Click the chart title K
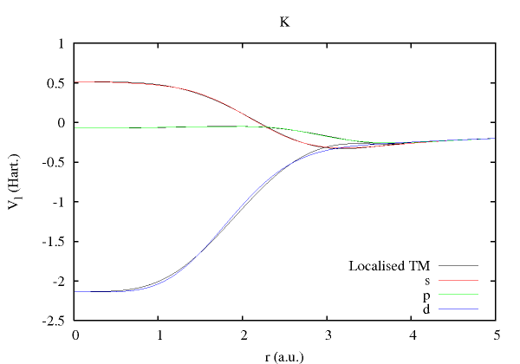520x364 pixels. (283, 22)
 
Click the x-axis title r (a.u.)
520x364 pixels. (284, 354)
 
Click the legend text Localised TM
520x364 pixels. (389, 265)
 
